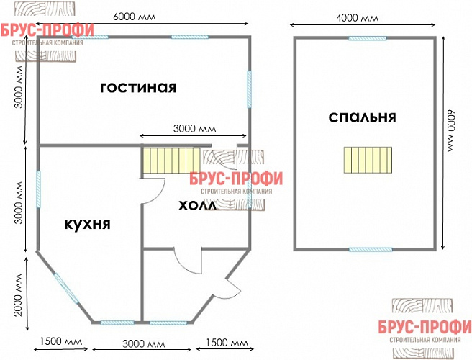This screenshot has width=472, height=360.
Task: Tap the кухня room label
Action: [86, 224]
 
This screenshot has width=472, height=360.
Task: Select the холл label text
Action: [196, 206]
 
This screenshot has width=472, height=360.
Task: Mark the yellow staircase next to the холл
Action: [170, 160]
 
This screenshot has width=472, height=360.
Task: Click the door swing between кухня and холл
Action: [153, 189]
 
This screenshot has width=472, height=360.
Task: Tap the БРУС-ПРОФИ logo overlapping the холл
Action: [236, 182]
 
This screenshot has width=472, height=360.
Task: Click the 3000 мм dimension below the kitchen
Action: [141, 341]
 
